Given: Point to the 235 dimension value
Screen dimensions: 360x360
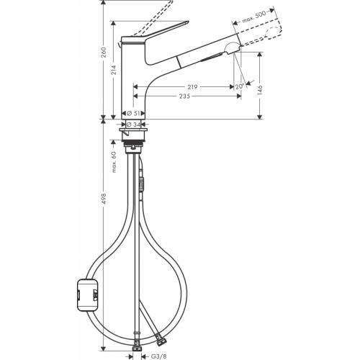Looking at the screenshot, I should (x=186, y=97).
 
